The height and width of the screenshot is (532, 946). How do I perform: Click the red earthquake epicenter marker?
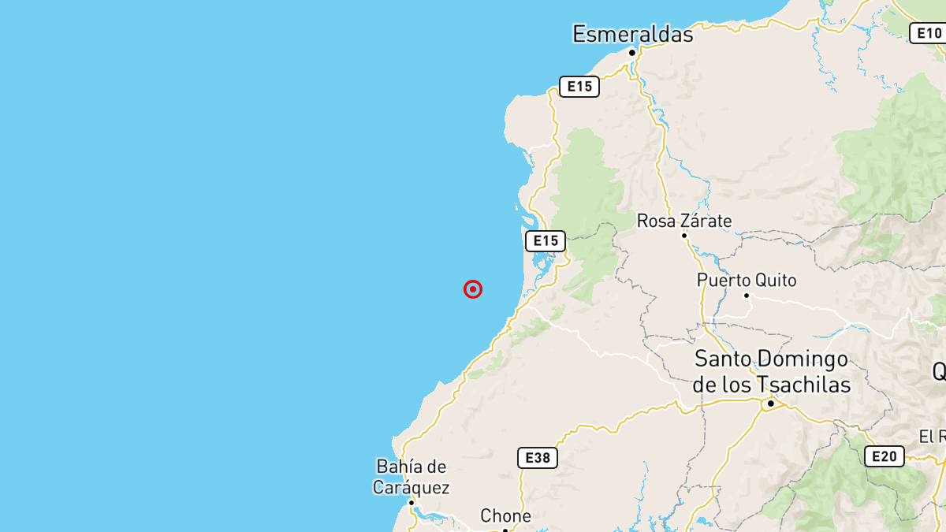coord(473,289)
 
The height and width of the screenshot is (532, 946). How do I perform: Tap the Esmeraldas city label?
coord(632,34)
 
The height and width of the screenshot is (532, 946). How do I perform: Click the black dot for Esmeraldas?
coord(632,53)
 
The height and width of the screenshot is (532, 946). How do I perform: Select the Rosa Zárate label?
coord(684,221)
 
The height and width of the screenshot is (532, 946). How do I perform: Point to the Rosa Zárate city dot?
coord(684,235)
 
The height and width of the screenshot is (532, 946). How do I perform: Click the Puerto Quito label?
coord(747,281)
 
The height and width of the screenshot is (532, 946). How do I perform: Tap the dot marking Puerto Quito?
coord(747,296)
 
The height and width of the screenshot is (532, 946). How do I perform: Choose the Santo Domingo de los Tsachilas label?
coord(772,372)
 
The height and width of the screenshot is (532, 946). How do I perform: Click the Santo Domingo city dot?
coord(771,404)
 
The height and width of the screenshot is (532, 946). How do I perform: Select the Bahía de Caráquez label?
coord(412,477)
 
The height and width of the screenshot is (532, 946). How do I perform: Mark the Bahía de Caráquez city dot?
coord(411,502)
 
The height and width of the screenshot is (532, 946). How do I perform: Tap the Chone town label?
coord(505,516)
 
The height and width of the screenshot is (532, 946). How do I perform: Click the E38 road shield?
coord(538,458)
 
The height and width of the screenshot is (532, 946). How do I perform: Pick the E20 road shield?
coord(884,456)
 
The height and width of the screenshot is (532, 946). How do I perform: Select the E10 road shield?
coord(928,33)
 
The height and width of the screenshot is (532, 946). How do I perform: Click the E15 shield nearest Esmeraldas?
coord(579,87)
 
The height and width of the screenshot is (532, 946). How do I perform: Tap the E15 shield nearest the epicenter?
coord(546,241)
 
